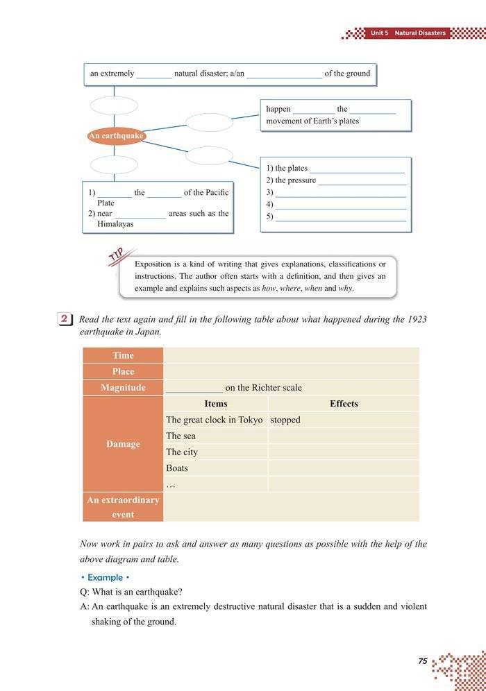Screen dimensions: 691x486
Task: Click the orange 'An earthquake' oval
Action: [x=116, y=136]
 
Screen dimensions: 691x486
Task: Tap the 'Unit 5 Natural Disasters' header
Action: [x=408, y=33]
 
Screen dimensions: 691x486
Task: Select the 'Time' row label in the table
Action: [x=123, y=355]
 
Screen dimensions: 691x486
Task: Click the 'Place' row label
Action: [x=123, y=371]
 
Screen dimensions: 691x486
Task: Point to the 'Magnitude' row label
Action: [x=123, y=388]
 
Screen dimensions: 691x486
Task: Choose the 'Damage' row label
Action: [x=123, y=444]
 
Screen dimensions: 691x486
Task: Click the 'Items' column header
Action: [x=216, y=404]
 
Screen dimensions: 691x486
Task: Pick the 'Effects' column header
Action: [x=344, y=404]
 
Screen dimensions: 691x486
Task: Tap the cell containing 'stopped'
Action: [x=285, y=420]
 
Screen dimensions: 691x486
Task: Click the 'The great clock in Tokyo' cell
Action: [x=215, y=420]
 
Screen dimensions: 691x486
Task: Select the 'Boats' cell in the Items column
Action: [x=177, y=468]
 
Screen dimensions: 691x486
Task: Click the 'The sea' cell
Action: [x=181, y=436]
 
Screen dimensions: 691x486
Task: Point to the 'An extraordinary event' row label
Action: [x=123, y=507]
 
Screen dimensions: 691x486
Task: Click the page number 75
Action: [x=423, y=661]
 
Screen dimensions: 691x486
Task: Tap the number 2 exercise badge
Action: [x=64, y=320]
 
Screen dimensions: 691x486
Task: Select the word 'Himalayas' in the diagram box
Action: [x=115, y=224]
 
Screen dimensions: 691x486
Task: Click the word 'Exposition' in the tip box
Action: [x=154, y=264]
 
